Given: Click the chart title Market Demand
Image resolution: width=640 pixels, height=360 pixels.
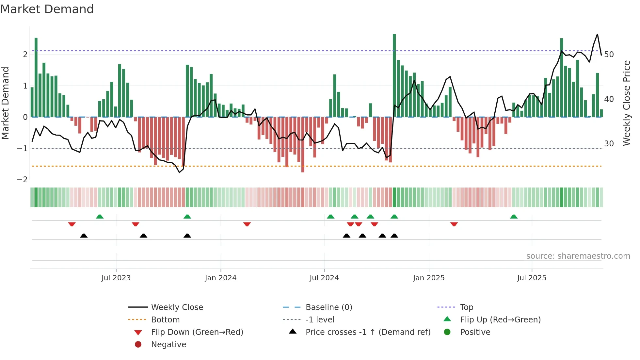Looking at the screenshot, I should [47, 9].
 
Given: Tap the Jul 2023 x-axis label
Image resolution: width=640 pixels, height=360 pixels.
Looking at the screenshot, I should [116, 278].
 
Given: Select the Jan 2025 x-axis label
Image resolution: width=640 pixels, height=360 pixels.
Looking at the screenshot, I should [428, 278].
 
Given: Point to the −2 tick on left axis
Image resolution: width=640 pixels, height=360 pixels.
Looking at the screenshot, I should [23, 180].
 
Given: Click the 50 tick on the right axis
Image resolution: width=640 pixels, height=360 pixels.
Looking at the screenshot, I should [609, 54].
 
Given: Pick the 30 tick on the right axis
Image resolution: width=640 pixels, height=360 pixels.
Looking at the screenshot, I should [609, 144].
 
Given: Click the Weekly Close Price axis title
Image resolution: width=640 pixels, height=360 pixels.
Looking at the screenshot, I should [626, 103].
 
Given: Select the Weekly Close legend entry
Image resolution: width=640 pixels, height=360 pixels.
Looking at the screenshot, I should [177, 307].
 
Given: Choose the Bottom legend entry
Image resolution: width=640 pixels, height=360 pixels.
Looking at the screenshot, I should [165, 320].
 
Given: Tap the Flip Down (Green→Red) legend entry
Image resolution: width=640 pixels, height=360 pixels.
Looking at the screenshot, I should [197, 332].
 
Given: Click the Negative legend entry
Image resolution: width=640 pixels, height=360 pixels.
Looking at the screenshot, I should [168, 345].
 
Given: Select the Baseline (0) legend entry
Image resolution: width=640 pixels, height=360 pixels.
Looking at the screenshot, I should [328, 307].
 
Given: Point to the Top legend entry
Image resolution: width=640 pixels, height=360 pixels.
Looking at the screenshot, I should [467, 307].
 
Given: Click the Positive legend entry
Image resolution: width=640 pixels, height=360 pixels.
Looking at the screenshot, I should [475, 332].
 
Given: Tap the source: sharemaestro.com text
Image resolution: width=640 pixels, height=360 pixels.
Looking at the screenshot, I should [578, 256].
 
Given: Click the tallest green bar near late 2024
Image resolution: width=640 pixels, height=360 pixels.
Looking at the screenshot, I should [394, 75].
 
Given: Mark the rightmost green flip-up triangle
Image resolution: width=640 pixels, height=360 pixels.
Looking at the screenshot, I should [514, 217].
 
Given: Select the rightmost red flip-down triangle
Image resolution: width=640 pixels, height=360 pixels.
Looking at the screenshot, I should [454, 224].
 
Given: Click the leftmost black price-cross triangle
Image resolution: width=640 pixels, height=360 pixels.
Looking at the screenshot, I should [84, 236].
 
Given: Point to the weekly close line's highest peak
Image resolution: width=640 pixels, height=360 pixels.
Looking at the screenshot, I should [597, 34].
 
